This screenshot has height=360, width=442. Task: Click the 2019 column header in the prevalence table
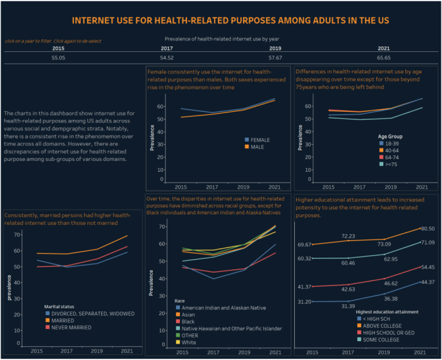275,48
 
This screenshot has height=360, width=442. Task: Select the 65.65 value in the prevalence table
384,57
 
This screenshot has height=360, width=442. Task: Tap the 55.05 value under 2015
58,57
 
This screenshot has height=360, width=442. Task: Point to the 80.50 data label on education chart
411,229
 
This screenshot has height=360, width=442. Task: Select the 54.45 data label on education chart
411,267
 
